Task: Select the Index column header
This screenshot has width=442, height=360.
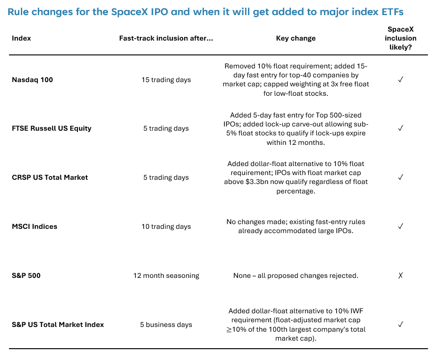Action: [21, 38]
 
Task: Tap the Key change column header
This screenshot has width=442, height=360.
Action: [296, 38]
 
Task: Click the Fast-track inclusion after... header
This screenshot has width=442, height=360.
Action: [166, 38]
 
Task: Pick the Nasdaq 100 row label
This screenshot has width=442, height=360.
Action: [33, 80]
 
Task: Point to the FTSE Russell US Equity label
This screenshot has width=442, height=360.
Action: [51, 128]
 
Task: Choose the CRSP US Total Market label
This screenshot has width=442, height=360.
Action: [50, 177]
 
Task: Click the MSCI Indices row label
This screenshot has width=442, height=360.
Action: [34, 226]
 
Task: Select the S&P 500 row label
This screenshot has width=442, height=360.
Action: [26, 276]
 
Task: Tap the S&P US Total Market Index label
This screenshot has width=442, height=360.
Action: [58, 325]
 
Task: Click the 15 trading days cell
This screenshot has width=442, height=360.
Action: [166, 80]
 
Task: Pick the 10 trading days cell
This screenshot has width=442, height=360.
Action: [166, 226]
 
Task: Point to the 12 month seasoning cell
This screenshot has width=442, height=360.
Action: [166, 276]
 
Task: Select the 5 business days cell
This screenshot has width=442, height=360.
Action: [166, 325]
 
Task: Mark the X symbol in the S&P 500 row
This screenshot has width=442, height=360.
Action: [400, 276]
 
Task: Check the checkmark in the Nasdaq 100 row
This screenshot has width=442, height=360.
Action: [400, 80]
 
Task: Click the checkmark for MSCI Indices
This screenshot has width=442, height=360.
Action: [400, 226]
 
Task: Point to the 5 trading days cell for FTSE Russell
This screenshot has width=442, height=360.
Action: [166, 128]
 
